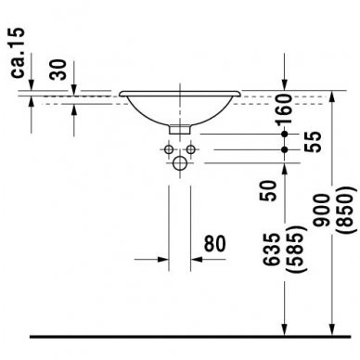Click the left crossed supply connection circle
pos(170,148)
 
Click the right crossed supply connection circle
pos(191,148)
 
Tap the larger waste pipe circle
pos(180,164)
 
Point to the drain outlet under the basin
pos(180,128)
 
